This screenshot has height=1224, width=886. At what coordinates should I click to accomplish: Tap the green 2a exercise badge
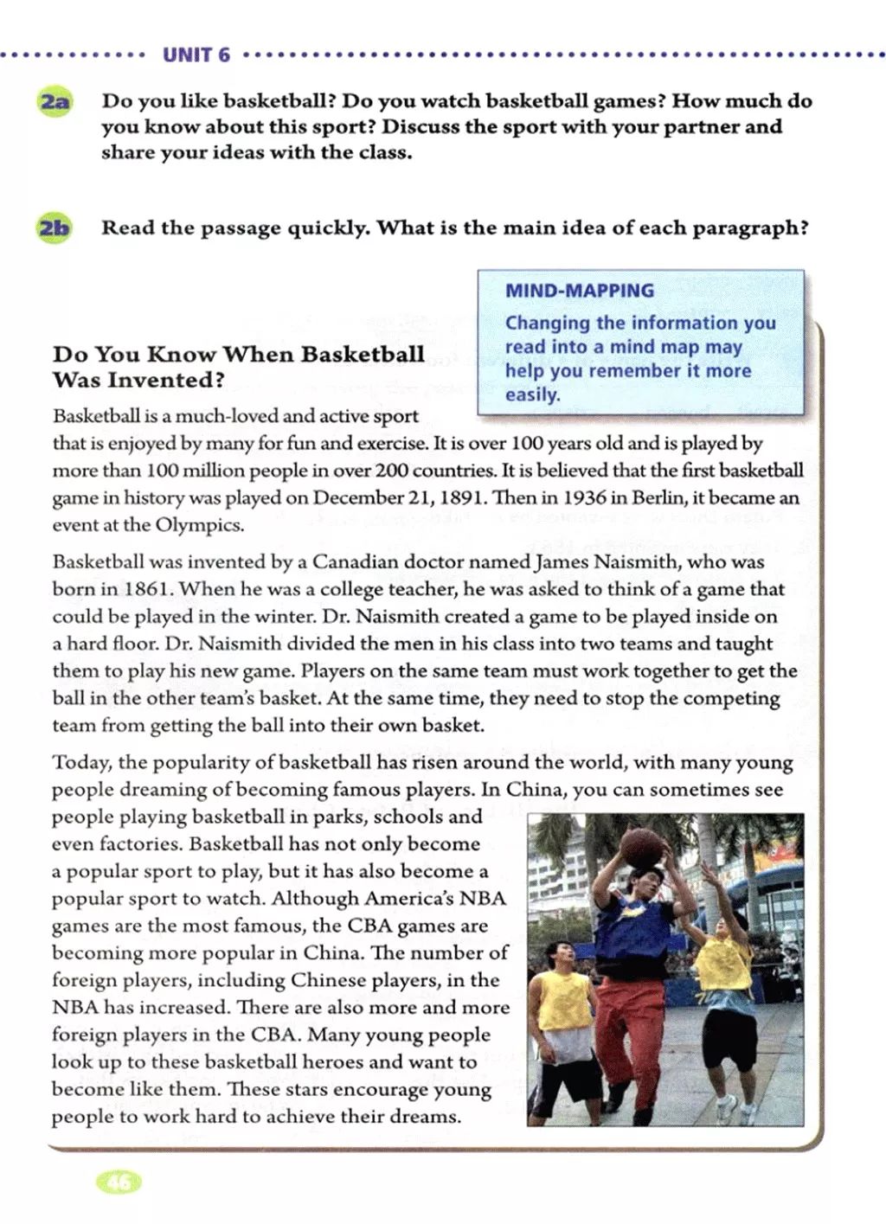(54, 101)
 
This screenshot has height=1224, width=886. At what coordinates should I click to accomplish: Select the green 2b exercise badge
(54, 229)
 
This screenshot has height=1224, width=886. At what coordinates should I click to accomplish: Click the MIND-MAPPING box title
(580, 291)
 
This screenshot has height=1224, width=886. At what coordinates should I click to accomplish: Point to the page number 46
(119, 1182)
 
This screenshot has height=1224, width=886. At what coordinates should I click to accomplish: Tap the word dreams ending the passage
(424, 1117)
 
